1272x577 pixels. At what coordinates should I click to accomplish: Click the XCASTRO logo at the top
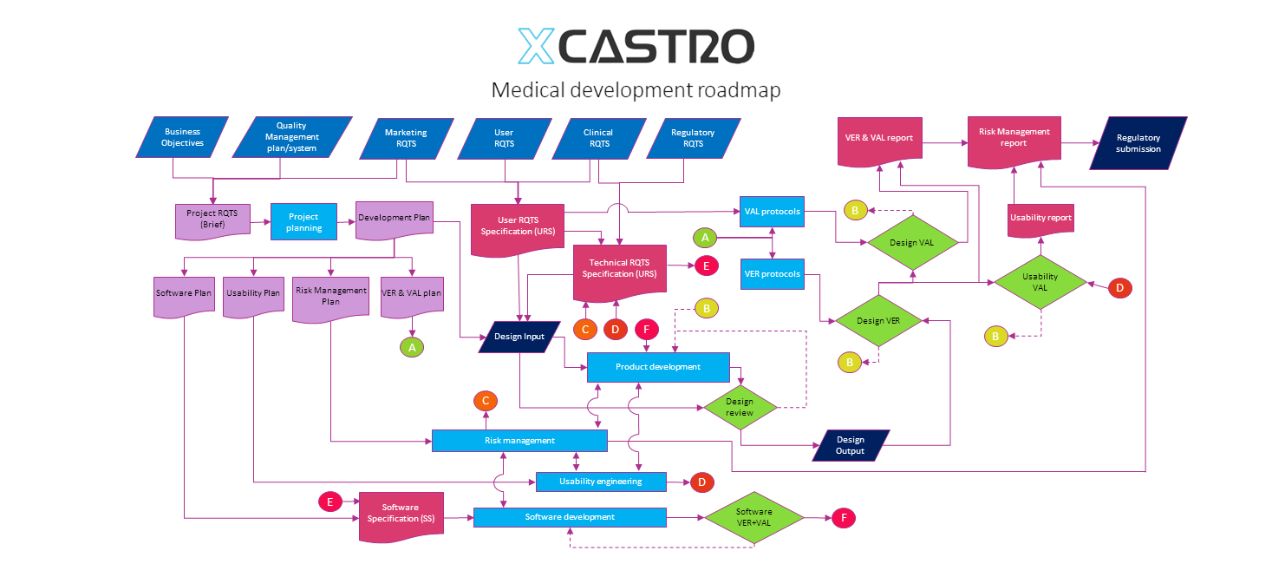coord(636,47)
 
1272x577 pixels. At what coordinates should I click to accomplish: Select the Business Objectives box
coord(182,137)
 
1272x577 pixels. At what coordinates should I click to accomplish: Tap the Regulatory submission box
coord(1138,143)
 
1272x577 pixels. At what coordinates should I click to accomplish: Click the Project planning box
coord(303,222)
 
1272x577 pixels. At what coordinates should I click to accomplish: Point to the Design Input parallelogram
coord(519,337)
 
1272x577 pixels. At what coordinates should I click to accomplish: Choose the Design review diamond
coord(740,407)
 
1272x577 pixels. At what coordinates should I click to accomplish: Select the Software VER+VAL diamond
coord(753,518)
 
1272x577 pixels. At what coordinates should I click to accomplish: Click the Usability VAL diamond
coord(1040,282)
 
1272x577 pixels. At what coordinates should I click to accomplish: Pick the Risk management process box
coord(519,441)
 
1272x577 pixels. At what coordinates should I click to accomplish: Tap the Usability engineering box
coord(601,482)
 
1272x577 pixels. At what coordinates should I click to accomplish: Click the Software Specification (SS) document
coord(401,514)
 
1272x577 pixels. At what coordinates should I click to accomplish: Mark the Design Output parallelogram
coord(851,445)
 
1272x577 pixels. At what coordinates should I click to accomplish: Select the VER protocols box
coord(772,273)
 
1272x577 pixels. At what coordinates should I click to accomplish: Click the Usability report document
coord(1040,218)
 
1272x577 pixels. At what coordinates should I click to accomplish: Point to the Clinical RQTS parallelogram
coord(599,138)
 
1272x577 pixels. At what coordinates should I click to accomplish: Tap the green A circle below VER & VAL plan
coord(412,347)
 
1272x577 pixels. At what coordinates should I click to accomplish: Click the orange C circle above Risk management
coord(486,401)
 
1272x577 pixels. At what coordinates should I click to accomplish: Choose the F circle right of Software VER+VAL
coord(843,518)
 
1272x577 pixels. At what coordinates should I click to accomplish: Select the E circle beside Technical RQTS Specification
coord(706,266)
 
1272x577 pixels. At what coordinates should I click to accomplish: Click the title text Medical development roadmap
coord(636,90)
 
